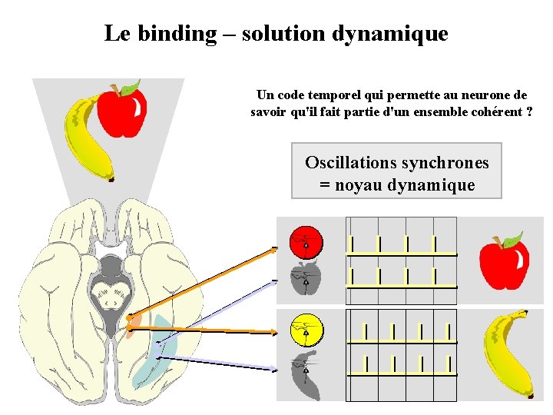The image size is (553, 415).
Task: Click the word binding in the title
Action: pos(177,34)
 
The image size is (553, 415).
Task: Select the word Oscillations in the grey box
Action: pos(349,162)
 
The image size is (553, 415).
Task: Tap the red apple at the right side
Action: pos(504,264)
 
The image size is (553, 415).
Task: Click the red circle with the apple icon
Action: pos(306,242)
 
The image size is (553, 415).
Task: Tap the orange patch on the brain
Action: pos(132,326)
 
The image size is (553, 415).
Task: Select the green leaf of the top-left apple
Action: pos(131,87)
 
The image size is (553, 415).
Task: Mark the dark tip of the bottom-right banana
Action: pos(529,397)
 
